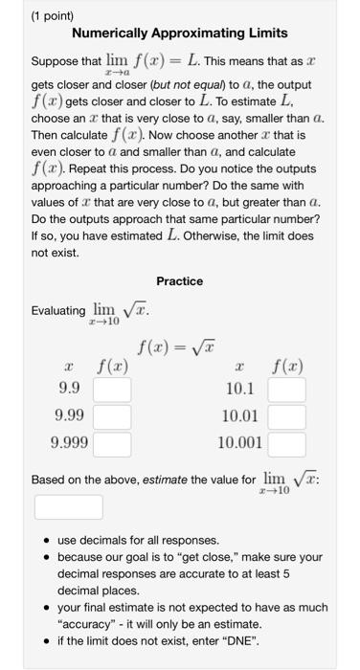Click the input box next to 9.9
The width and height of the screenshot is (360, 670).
[x=112, y=390]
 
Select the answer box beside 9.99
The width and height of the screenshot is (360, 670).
[x=112, y=417]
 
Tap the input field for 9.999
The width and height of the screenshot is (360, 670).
[x=112, y=444]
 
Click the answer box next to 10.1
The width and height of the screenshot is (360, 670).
[x=287, y=390]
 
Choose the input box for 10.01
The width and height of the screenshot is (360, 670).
[x=287, y=417]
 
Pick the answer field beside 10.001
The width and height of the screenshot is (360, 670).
[x=287, y=444]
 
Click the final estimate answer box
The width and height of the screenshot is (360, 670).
[x=69, y=506]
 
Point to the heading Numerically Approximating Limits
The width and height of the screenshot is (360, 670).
[x=179, y=33]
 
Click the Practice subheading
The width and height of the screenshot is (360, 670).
[x=180, y=280]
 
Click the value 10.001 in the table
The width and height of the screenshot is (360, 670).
[x=238, y=444]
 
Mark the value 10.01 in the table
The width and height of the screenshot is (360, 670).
[x=238, y=417]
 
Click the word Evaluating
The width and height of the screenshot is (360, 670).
[x=58, y=311]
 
